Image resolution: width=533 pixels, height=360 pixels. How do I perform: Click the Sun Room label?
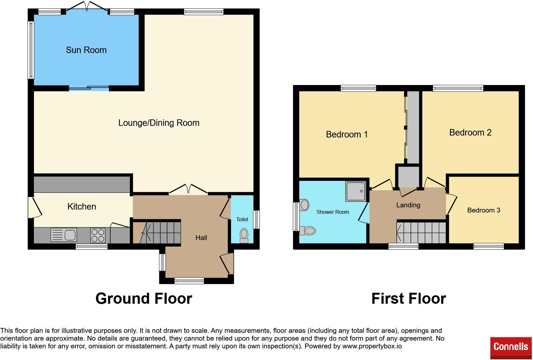click(x=86, y=50)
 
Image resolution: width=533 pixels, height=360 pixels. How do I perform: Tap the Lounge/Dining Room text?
click(x=159, y=123)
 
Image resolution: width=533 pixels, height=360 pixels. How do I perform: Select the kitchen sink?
click(x=64, y=235)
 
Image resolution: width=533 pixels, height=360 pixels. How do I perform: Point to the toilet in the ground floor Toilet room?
click(x=244, y=235)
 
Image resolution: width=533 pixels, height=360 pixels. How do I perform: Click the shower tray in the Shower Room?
click(x=356, y=191)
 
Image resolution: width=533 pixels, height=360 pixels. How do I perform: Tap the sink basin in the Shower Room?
click(x=304, y=205)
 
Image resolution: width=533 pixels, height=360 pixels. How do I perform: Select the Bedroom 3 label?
click(x=484, y=210)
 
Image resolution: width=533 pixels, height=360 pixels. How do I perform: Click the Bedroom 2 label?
click(x=470, y=133)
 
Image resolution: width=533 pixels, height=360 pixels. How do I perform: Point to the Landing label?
click(x=408, y=205)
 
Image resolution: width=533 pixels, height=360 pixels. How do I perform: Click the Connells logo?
click(x=511, y=347)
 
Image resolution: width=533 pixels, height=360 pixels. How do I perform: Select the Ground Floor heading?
click(x=144, y=298)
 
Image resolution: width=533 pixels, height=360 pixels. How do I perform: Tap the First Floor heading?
click(x=409, y=298)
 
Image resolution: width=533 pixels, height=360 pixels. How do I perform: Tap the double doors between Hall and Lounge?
click(x=188, y=190)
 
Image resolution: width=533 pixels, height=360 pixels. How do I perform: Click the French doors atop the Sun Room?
click(x=87, y=7)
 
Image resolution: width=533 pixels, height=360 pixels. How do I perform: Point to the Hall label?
click(x=201, y=238)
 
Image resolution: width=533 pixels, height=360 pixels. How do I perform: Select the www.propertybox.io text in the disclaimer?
click(x=372, y=346)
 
